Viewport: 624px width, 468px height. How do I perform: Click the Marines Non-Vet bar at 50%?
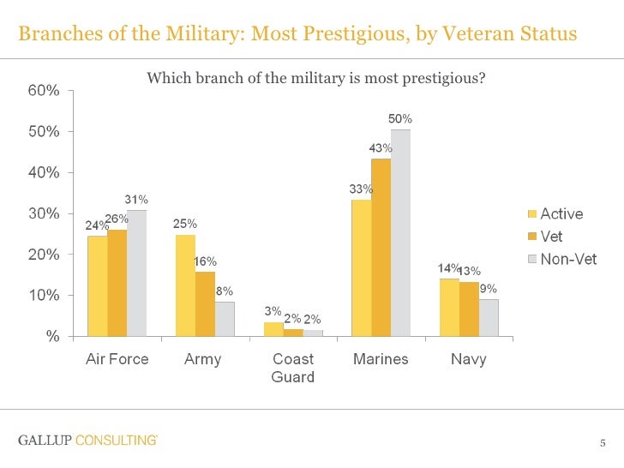[x=400, y=232]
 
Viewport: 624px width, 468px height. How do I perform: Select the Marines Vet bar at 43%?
[x=381, y=247]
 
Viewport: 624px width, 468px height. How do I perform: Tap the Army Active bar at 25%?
[x=185, y=285]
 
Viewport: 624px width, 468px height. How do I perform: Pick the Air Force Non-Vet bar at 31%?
[x=137, y=273]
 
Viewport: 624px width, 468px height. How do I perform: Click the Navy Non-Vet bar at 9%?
[x=489, y=317]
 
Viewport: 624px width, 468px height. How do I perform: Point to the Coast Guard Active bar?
[x=273, y=329]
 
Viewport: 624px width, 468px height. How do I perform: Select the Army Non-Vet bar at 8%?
[x=225, y=319]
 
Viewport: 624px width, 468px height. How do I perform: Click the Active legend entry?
[x=561, y=214]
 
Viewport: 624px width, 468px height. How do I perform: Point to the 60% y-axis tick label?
[x=42, y=91]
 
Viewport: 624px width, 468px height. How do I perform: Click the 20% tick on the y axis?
[x=42, y=255]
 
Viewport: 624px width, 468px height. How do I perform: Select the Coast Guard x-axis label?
[x=292, y=368]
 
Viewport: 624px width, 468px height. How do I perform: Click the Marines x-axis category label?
[x=381, y=359]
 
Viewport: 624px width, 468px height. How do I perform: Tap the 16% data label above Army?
[x=205, y=261]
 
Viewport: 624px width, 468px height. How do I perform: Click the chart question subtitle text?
[x=316, y=79]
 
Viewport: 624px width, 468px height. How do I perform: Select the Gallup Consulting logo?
[x=87, y=441]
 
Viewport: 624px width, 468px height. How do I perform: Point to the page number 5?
[x=603, y=443]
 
